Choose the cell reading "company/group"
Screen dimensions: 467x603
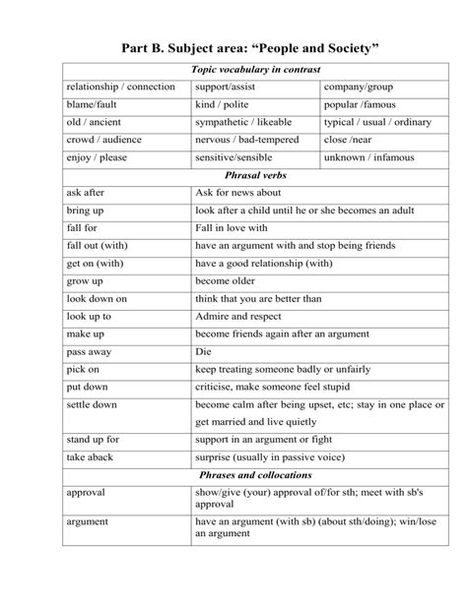pos(352,88)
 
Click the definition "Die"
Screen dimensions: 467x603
pos(205,350)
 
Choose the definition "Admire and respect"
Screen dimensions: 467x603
pos(238,316)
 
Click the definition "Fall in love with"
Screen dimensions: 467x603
pos(234,228)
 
